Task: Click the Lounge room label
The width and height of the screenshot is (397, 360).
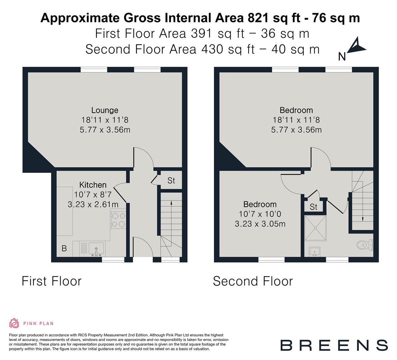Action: point(105,110)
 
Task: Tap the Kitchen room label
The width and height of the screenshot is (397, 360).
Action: point(93,185)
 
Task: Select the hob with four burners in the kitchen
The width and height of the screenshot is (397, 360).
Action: point(118,220)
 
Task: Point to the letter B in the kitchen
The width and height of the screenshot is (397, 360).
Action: point(64,249)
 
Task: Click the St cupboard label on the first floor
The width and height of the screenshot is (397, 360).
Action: point(171,181)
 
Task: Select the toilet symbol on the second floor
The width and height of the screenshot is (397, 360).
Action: point(364,245)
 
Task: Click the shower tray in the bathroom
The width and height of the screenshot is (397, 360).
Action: point(315,227)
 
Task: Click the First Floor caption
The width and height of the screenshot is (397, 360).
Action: point(51,281)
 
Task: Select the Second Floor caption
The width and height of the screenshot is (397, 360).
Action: point(253,281)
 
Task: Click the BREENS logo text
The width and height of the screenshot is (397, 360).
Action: point(334,345)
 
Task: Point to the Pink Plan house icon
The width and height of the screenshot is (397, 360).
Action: point(14,323)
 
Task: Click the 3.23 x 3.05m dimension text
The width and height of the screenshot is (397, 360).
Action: point(260,224)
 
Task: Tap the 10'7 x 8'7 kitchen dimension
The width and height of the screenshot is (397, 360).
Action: point(93,195)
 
